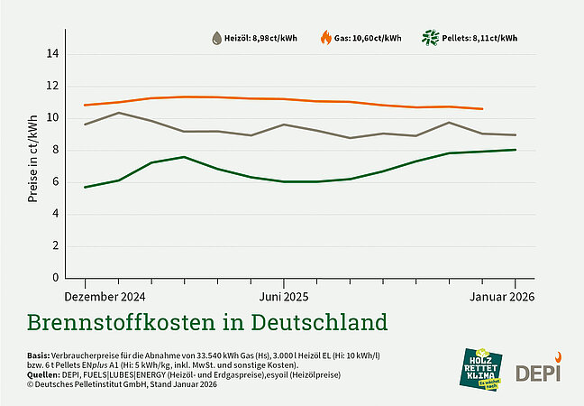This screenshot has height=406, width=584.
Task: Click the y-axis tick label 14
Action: click(53, 54)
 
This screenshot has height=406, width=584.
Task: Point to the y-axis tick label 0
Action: click(56, 278)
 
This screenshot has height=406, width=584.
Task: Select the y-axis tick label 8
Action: click(56, 150)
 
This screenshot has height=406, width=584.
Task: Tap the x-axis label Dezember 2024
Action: click(105, 296)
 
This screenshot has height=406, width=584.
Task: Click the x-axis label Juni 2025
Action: click(284, 296)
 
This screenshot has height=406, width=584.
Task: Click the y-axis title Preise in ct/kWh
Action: click(33, 166)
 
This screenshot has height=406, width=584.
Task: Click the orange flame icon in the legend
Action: click(326, 38)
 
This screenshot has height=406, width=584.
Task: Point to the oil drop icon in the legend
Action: click(216, 38)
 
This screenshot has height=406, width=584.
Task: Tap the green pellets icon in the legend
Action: click(431, 38)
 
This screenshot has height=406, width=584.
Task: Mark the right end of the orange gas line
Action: click(483, 108)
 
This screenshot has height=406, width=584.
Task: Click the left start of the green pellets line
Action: click(85, 187)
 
